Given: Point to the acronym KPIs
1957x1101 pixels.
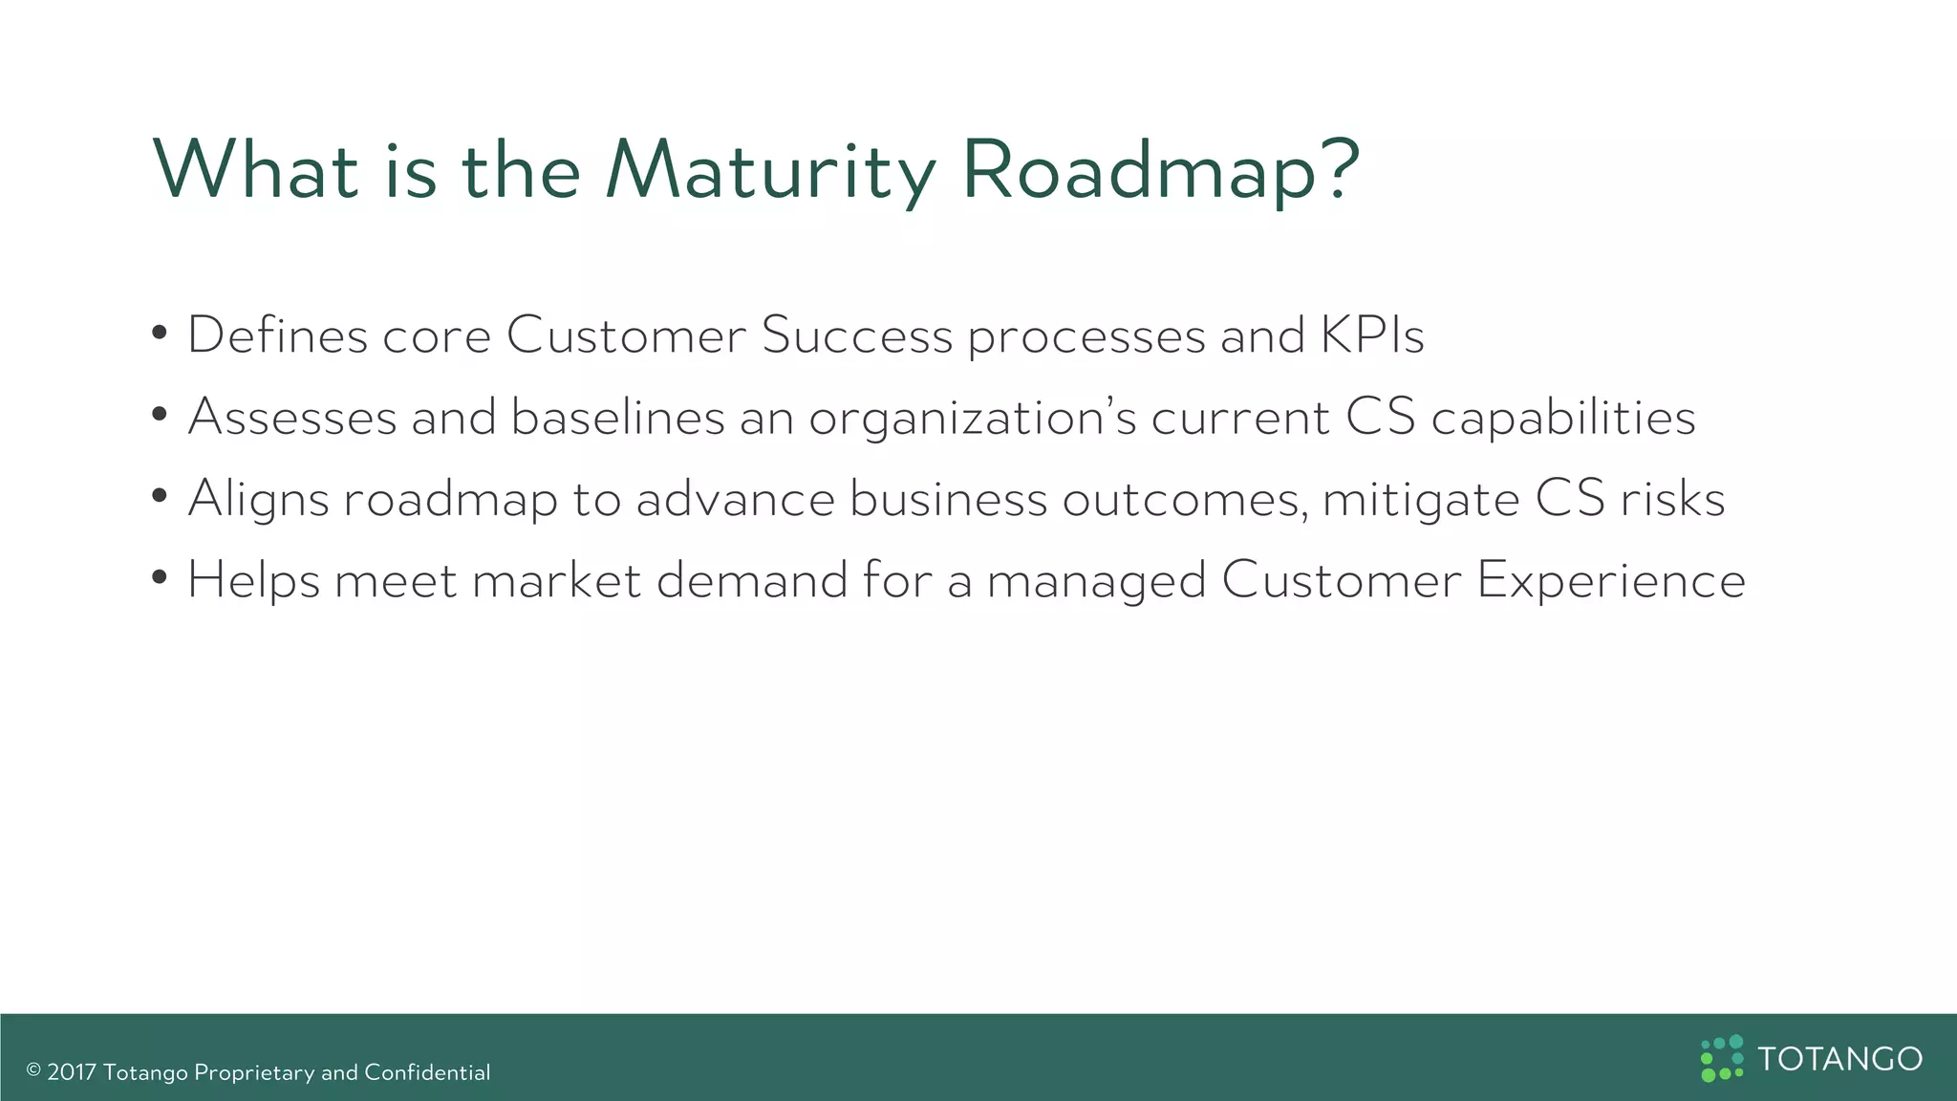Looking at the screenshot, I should pos(1372,335).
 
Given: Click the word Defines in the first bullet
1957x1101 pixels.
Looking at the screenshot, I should pos(277,335).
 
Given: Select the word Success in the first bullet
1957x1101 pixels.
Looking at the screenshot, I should pos(856,335).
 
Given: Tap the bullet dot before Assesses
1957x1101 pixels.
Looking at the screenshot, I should pos(161,416).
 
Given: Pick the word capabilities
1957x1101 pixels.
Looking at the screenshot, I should pos(1562,418).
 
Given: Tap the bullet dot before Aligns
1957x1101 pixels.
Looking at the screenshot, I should pos(161,497).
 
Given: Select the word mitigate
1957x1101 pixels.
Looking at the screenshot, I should pos(1421,499).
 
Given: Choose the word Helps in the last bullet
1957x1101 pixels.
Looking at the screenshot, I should pos(253,580).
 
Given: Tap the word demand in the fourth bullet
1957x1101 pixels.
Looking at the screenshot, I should pos(752,580).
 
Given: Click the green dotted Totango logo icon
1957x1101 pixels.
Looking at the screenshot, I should pos(1722,1058).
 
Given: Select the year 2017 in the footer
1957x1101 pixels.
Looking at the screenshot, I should pos(72,1072).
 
